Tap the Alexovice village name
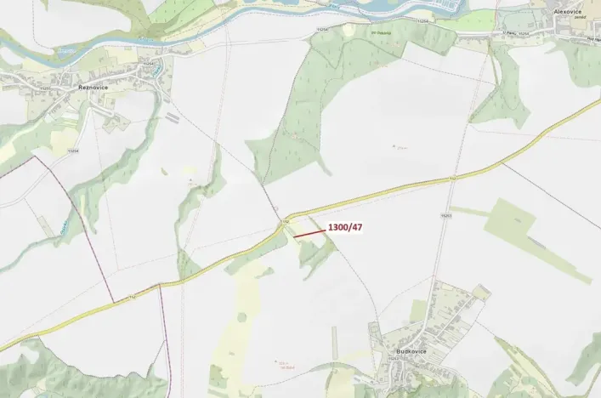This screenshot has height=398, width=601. tap(567, 12)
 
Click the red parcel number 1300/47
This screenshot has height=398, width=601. tap(345, 228)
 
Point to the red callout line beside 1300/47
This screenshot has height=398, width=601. tap(309, 231)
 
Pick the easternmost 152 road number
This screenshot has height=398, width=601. tap(453, 179)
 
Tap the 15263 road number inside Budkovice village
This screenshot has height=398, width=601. tap(393, 360)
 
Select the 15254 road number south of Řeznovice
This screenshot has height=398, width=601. tap(73, 151)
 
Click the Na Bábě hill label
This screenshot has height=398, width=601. tap(287, 364)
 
